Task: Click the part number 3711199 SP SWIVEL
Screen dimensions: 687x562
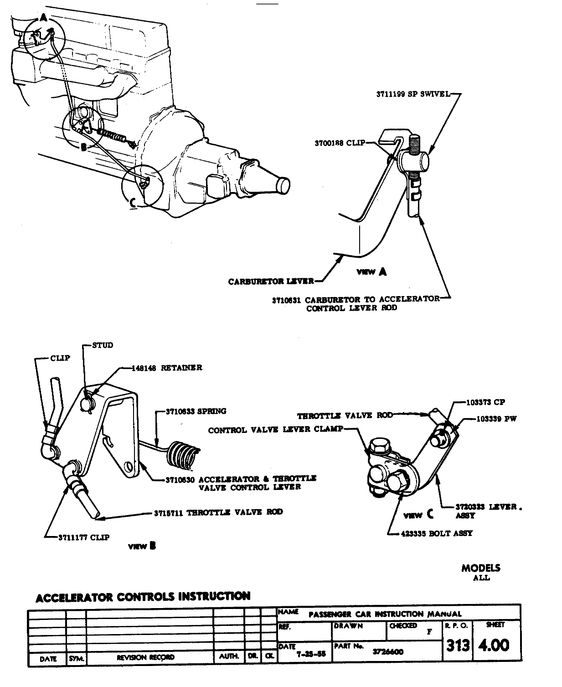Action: pos(412,94)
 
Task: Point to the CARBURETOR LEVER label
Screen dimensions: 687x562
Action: pos(271,281)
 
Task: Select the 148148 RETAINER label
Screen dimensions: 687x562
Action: pos(167,368)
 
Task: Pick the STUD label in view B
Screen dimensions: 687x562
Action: pos(103,345)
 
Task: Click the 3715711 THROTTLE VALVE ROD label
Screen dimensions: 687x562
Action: pos(218,512)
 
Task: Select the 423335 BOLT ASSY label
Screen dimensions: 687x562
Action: pos(437,533)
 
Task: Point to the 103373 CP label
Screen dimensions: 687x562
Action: pos(485,402)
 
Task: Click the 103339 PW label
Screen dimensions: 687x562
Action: pos(497,419)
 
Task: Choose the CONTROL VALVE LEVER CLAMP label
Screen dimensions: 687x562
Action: pos(275,430)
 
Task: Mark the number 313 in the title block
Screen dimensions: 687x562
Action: pos(458,645)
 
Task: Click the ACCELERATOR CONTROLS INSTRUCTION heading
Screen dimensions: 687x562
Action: pos(143,596)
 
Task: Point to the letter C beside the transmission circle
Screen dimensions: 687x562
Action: pos(133,202)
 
